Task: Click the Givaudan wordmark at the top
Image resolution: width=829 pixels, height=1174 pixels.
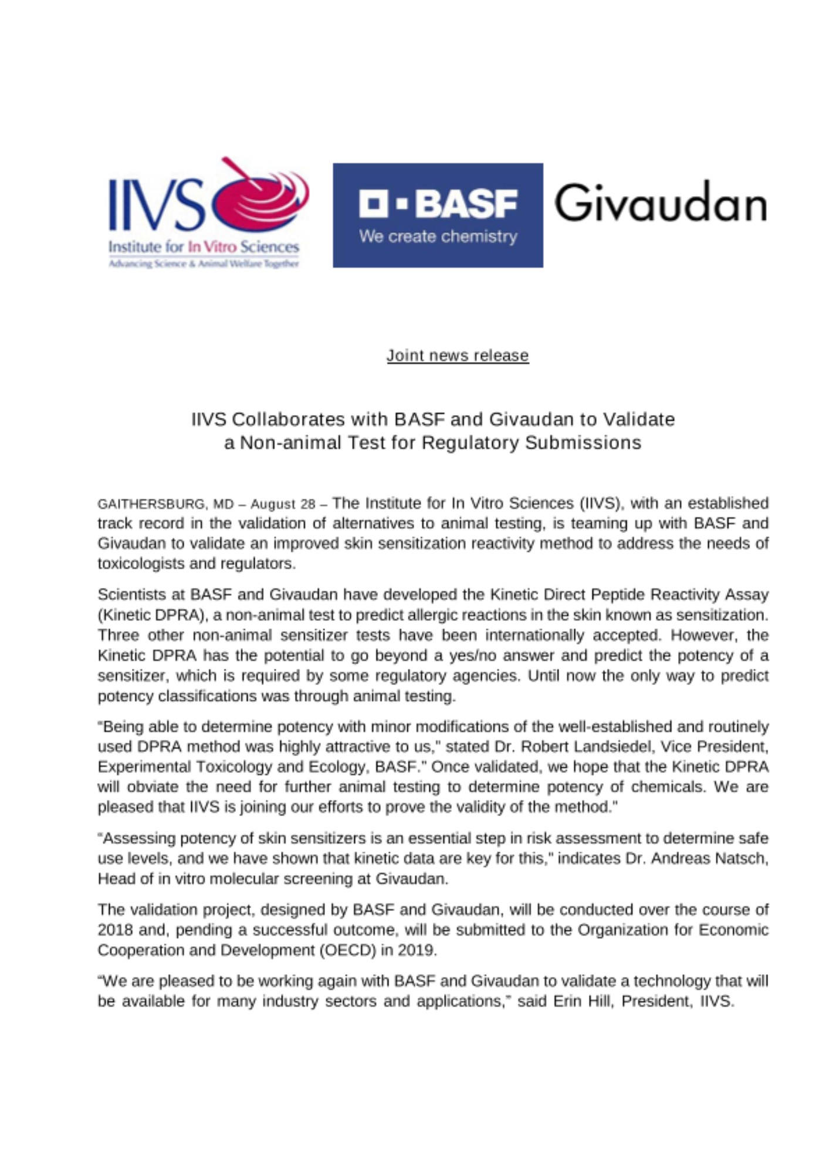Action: click(x=660, y=203)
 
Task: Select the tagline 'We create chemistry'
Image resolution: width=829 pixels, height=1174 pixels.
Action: click(x=438, y=237)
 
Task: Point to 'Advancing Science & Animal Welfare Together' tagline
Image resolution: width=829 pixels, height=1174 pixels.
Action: click(x=204, y=264)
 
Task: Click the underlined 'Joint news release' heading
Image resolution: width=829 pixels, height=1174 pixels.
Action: click(x=457, y=355)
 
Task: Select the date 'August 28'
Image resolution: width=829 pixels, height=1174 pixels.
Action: click(x=283, y=504)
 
